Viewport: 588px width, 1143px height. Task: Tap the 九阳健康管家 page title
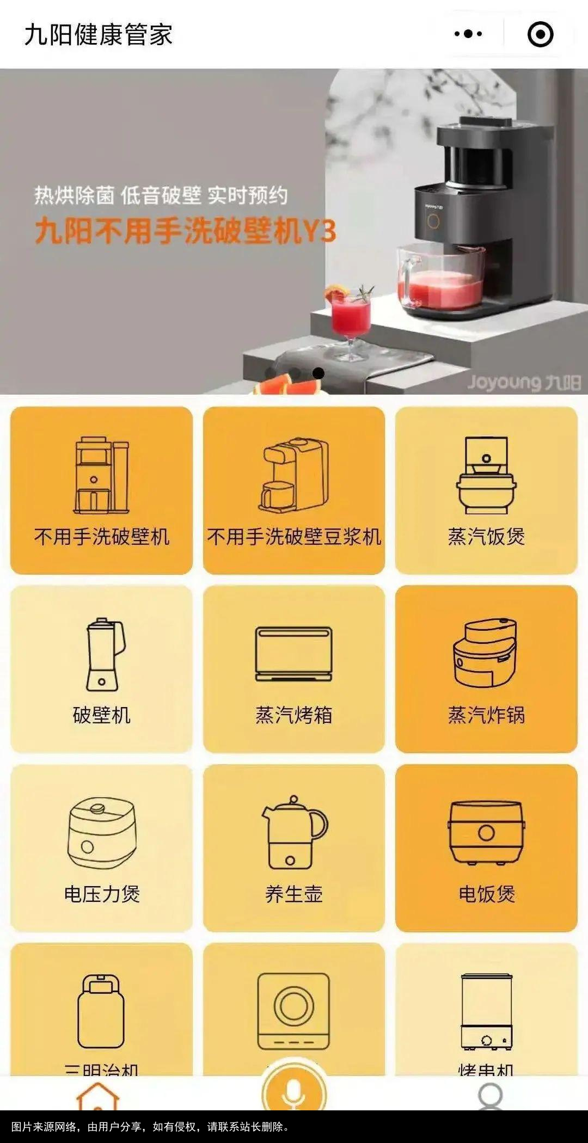(x=99, y=35)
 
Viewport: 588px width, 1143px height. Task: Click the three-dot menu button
(x=468, y=34)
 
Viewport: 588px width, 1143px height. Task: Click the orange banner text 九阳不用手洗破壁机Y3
(x=185, y=231)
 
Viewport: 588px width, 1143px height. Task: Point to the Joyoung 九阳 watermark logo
(x=524, y=382)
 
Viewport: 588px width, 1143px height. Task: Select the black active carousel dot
(x=318, y=373)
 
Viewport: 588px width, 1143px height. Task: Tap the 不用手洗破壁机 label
(x=102, y=537)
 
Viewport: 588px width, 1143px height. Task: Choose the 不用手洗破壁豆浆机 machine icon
(x=294, y=475)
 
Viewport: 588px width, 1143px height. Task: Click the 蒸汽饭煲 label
(x=486, y=537)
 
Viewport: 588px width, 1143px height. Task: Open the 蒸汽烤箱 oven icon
(x=294, y=654)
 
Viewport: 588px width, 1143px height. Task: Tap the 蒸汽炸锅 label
(x=486, y=715)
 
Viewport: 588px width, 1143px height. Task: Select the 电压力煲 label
(x=102, y=894)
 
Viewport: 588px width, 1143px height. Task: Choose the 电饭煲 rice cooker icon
(x=486, y=832)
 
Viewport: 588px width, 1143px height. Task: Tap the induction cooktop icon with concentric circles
(x=294, y=1010)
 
